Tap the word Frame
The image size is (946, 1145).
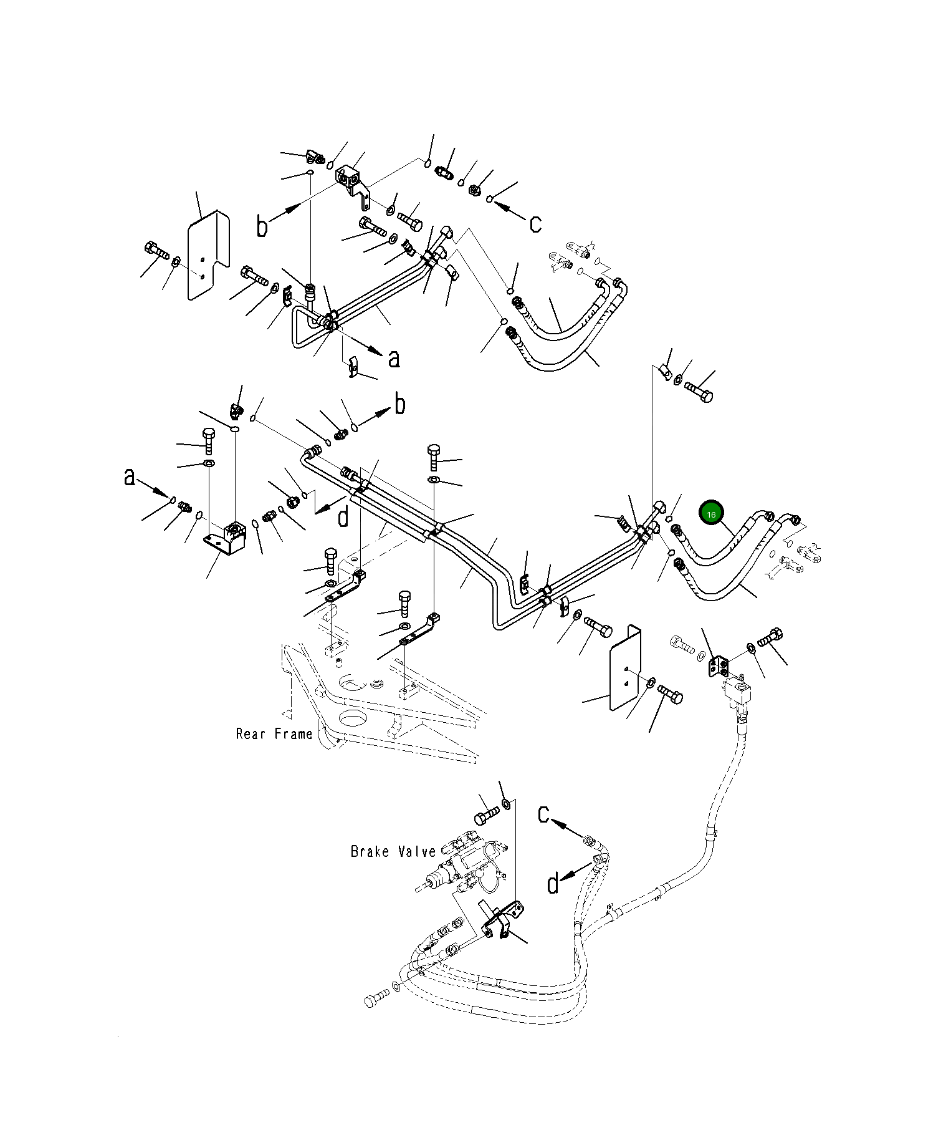point(292,733)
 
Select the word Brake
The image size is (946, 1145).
point(370,851)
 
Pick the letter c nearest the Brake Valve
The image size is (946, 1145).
point(544,814)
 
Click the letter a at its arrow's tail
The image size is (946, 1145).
point(130,477)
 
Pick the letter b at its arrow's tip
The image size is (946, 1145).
point(400,405)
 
